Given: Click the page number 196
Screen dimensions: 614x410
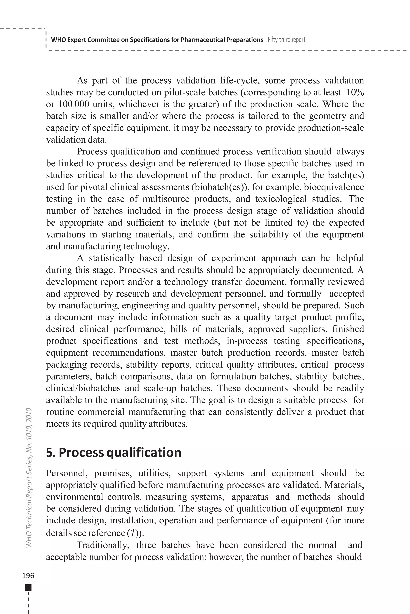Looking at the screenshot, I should [x=28, y=576].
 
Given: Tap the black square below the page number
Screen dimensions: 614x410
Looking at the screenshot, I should [x=28, y=588].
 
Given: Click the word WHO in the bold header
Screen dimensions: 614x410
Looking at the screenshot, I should [x=57, y=40].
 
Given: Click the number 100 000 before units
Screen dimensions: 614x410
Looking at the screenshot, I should [x=73, y=104].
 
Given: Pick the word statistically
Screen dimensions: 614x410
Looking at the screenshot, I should [x=111, y=258].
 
